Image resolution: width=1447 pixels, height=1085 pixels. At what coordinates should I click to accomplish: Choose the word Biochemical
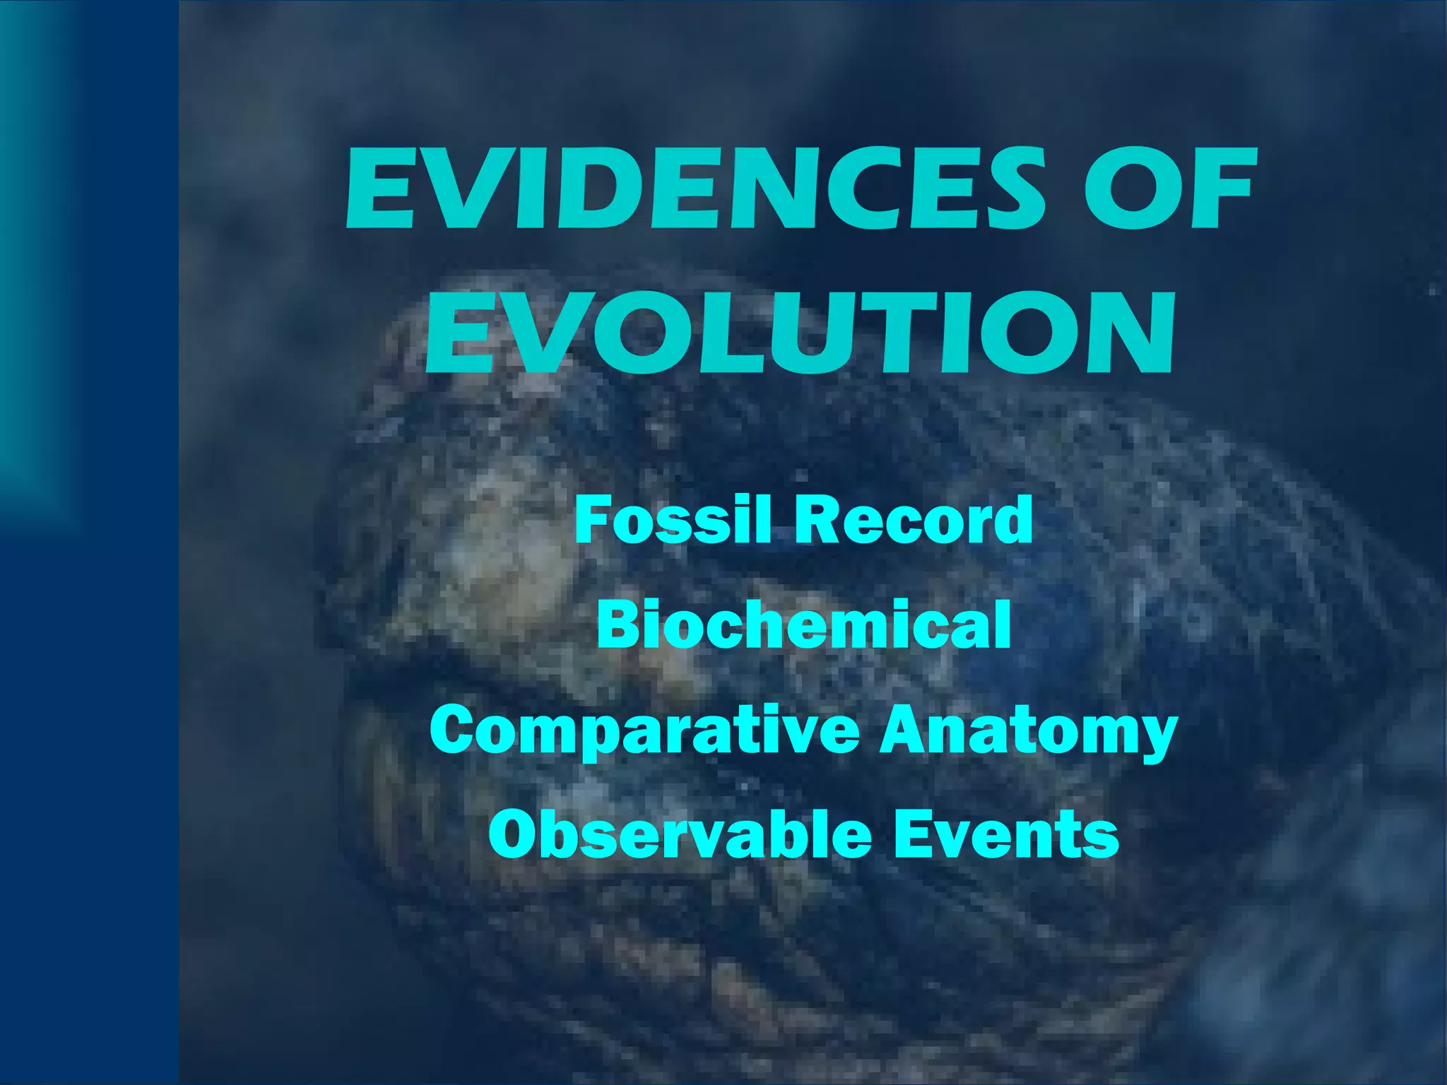(x=803, y=624)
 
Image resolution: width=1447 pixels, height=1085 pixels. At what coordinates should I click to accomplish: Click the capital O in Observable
(x=514, y=835)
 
